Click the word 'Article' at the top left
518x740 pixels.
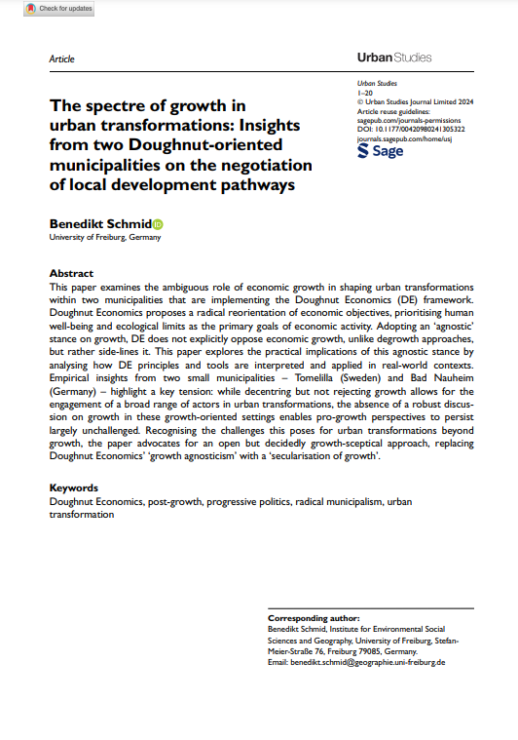(x=61, y=58)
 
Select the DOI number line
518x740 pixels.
(x=412, y=129)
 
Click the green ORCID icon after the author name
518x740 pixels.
(x=158, y=223)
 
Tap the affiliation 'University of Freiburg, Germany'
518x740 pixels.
(x=105, y=237)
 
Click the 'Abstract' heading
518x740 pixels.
(x=71, y=274)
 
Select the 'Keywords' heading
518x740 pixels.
(x=74, y=487)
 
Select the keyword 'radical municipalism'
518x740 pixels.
(x=331, y=501)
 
